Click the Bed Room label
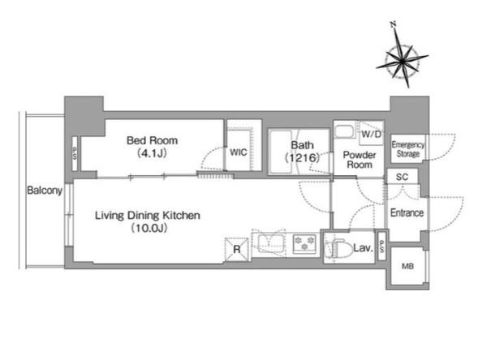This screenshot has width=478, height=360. point(152,140)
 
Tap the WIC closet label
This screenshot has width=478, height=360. point(239,152)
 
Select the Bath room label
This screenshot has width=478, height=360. point(302,145)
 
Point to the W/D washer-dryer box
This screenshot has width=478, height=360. point(372,134)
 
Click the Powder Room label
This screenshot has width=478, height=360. point(360,160)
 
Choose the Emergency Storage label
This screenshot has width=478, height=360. point(408,149)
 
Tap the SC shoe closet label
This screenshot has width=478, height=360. point(402,177)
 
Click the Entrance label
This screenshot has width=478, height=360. point(407,212)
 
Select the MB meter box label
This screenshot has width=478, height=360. point(407,267)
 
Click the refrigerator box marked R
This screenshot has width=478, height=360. point(236,250)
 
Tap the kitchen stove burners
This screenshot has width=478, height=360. point(304,243)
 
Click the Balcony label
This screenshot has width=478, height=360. point(45,191)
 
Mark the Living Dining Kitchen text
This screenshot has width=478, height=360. point(148,216)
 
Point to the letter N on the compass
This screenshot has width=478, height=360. point(394,24)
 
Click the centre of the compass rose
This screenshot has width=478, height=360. point(403,62)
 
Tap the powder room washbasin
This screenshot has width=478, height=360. point(345,131)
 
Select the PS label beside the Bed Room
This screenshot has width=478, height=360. point(75,154)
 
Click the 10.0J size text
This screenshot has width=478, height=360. point(149,228)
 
